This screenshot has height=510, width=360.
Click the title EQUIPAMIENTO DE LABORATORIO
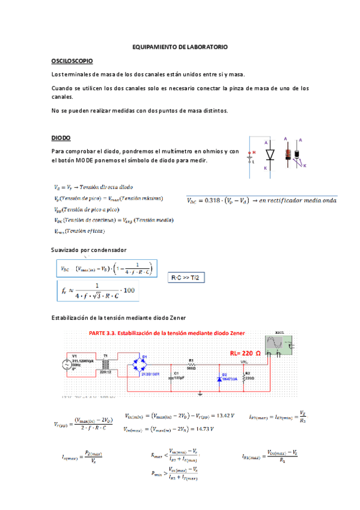click(x=180, y=46)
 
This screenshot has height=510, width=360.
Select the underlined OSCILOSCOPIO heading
click(x=72, y=61)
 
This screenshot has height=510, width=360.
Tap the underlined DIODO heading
click(x=61, y=138)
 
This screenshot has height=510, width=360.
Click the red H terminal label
click(x=254, y=152)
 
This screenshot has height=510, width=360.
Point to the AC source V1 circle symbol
click(x=68, y=365)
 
